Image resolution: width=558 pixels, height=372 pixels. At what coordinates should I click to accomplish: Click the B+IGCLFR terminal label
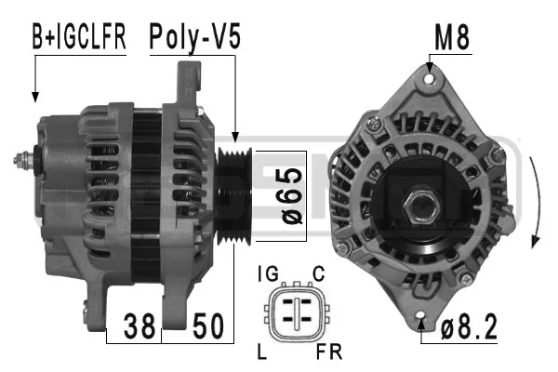[x=79, y=36]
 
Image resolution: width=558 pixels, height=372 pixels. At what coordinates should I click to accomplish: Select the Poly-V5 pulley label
[x=194, y=37]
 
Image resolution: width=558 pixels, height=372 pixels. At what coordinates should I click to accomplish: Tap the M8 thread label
[x=452, y=37]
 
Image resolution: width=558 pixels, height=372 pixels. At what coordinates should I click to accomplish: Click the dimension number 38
[x=139, y=325]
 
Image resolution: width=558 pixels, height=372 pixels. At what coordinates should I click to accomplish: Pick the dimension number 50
[x=208, y=325]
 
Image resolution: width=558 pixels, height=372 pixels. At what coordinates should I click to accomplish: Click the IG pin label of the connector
[x=268, y=274]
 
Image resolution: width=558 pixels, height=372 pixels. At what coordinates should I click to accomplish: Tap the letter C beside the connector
[x=318, y=274]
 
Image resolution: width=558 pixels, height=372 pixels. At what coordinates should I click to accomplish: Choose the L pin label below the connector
[x=262, y=352]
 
